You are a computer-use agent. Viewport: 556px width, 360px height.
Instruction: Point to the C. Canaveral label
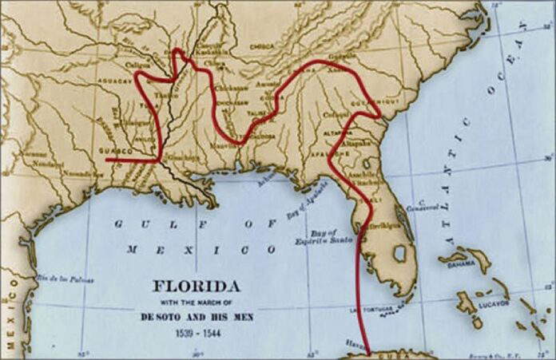429,206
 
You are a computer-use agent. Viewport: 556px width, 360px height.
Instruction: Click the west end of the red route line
106,160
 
